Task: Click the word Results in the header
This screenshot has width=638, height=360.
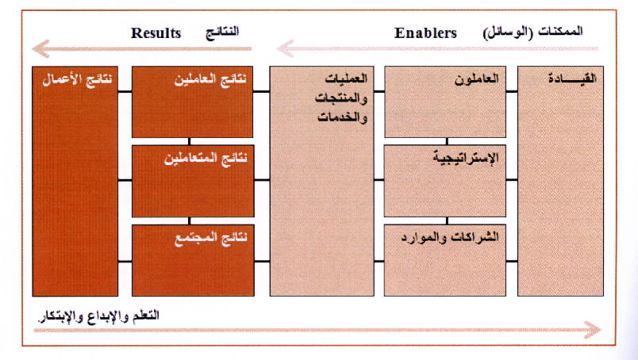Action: [156, 33]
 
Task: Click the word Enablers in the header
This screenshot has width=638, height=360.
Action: [425, 33]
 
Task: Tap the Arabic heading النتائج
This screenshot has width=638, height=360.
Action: [221, 33]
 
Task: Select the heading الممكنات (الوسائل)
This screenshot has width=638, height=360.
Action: [532, 33]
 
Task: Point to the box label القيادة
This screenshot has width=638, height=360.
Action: [572, 78]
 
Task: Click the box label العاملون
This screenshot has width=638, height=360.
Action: [476, 78]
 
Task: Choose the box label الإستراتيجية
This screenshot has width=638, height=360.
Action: [466, 158]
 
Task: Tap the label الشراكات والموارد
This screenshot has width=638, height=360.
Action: [450, 236]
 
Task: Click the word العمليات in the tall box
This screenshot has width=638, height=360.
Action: [346, 78]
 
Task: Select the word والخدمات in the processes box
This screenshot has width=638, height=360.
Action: [342, 117]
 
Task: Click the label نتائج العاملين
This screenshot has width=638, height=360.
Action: [210, 79]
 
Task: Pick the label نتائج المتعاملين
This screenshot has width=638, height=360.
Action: [206, 158]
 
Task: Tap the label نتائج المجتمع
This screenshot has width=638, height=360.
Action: [211, 238]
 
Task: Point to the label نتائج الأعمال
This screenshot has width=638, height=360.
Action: [77, 79]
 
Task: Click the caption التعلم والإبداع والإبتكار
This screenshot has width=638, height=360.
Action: [98, 316]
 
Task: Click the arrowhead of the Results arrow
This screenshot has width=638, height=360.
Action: [40, 49]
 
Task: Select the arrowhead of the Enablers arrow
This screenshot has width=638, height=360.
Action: [285, 49]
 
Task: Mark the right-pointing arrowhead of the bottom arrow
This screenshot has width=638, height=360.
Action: [593, 330]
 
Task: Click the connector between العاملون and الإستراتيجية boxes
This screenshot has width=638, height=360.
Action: [447, 141]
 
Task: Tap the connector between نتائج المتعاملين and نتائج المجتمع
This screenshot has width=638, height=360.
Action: [190, 221]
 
